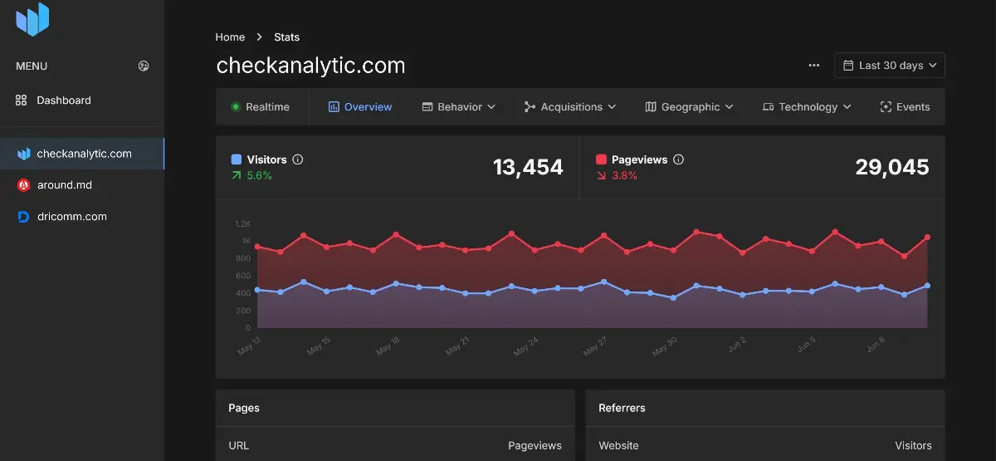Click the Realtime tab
tap(260, 107)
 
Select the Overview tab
tap(360, 107)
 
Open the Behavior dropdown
tap(459, 107)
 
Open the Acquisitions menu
tap(570, 107)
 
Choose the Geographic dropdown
tap(689, 107)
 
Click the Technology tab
tap(807, 107)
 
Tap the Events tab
tap(905, 107)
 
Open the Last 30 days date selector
tap(890, 66)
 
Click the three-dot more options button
tap(813, 66)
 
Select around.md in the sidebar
tap(63, 185)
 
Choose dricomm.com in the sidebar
tap(71, 217)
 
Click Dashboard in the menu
tap(63, 101)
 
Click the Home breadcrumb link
tap(230, 37)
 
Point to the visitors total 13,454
tap(528, 167)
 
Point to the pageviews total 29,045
tap(892, 167)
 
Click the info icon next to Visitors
tap(298, 159)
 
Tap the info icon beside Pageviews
tap(678, 159)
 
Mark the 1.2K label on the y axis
tap(242, 224)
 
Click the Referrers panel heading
tap(622, 408)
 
